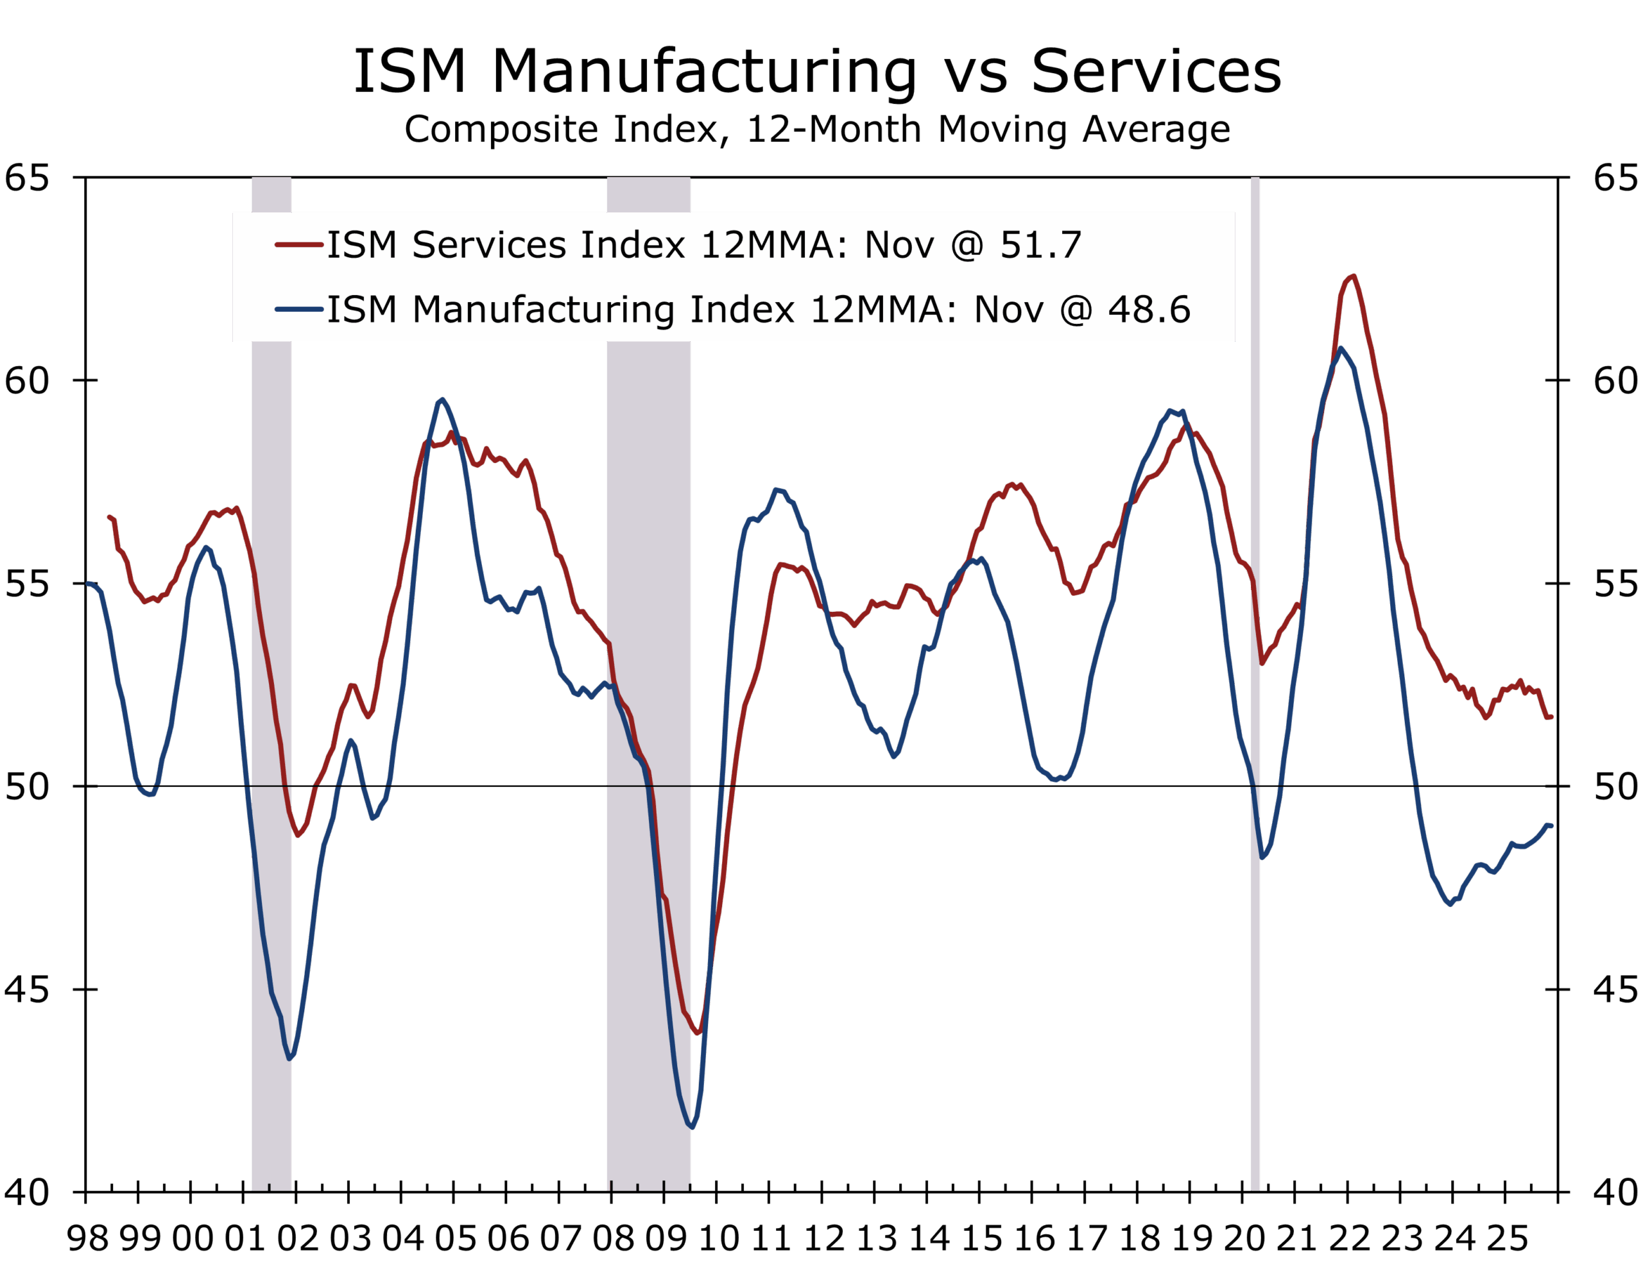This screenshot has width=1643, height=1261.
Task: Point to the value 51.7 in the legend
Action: coord(1041,244)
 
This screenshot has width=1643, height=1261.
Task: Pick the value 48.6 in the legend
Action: coord(1149,309)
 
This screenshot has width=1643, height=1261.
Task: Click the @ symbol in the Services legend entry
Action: coord(967,244)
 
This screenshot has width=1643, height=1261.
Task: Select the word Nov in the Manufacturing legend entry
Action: coord(1008,309)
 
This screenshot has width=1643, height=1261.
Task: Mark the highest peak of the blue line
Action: coord(1340,348)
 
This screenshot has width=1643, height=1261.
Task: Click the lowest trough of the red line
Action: coord(698,1033)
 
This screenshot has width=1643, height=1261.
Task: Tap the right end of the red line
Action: coord(1551,717)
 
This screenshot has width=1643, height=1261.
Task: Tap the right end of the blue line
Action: coord(1551,825)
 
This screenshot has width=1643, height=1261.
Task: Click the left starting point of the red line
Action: coord(110,516)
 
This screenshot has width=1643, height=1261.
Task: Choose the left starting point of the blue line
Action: coord(88,583)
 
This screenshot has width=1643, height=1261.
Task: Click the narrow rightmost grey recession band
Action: coord(1255,675)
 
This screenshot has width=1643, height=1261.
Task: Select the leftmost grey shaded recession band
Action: coord(271,675)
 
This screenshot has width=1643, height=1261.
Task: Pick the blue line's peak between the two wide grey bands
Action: coord(442,400)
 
